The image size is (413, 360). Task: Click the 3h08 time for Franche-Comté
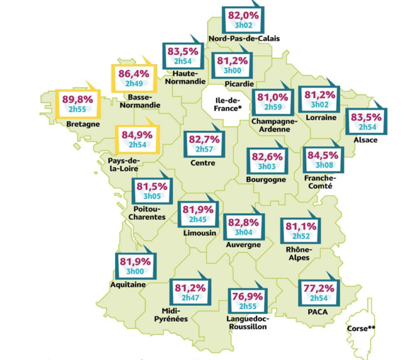coord(324,165)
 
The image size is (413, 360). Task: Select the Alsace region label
coord(366,140)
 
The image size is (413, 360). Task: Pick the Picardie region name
coord(235,83)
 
